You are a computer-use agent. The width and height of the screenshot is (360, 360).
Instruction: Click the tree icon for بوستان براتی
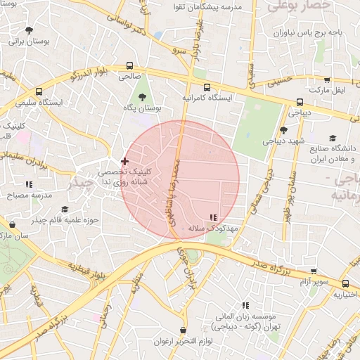(x=29, y=30)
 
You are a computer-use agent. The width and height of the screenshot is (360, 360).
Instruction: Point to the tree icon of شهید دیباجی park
(x=283, y=130)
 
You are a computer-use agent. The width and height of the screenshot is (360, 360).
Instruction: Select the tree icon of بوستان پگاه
(x=143, y=98)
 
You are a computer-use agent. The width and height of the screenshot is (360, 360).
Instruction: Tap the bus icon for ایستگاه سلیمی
(x=38, y=91)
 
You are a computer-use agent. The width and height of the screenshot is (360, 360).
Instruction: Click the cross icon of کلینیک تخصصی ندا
(x=125, y=161)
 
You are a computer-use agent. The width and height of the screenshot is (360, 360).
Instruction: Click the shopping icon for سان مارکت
(x=12, y=225)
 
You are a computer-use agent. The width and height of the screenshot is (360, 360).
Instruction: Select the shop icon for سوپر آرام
(x=314, y=271)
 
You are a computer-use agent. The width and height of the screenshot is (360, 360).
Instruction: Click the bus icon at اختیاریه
(x=345, y=284)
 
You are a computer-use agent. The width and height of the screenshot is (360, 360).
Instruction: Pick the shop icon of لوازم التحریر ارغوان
(x=184, y=330)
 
